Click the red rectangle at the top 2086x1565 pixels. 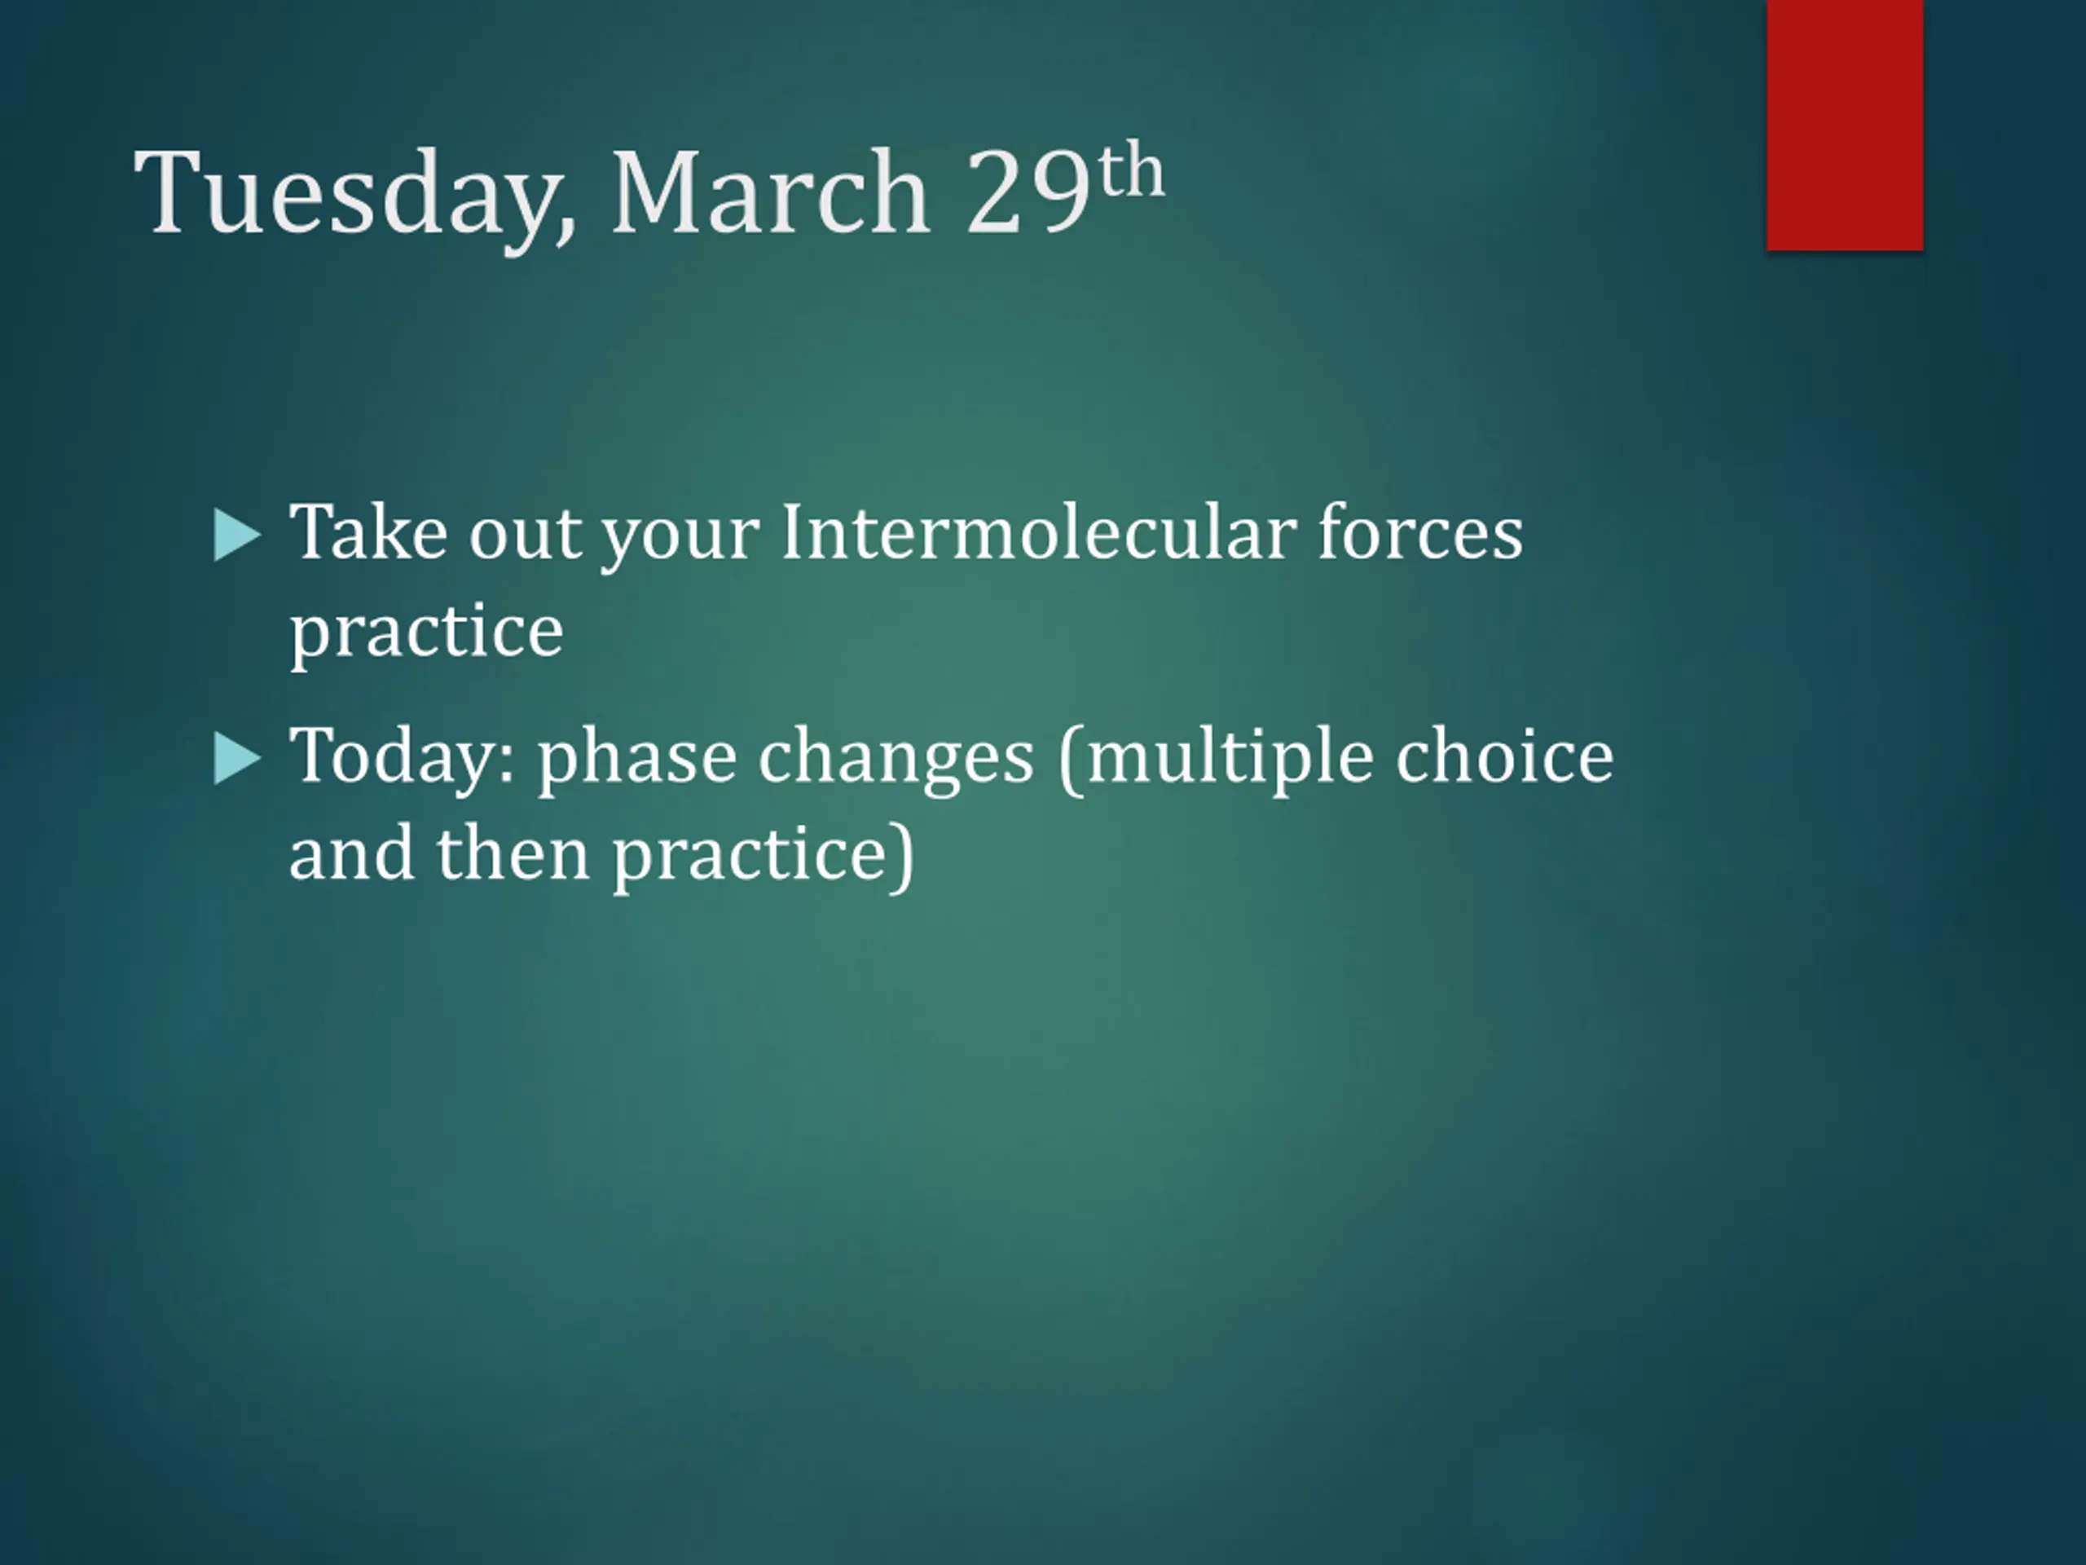tap(1845, 125)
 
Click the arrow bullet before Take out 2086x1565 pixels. tap(236, 535)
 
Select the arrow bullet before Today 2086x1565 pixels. tap(236, 758)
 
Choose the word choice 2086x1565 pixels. tap(1504, 756)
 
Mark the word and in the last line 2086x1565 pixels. tap(351, 853)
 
